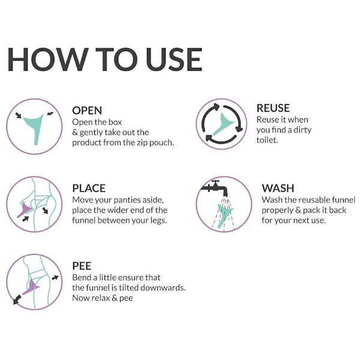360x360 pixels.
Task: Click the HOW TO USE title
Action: point(105,59)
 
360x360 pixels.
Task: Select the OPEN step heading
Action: point(87,110)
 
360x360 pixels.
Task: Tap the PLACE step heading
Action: point(89,188)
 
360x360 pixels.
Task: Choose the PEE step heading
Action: point(82,266)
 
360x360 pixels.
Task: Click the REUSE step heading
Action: point(273,108)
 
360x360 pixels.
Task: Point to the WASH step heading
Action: point(278,188)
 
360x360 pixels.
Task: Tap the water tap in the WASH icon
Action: point(214,189)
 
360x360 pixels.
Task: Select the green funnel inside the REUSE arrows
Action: point(222,124)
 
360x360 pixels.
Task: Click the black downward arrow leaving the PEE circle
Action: point(17,299)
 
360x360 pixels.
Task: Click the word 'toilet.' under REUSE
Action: point(267,140)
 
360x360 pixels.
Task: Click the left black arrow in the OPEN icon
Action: point(18,115)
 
